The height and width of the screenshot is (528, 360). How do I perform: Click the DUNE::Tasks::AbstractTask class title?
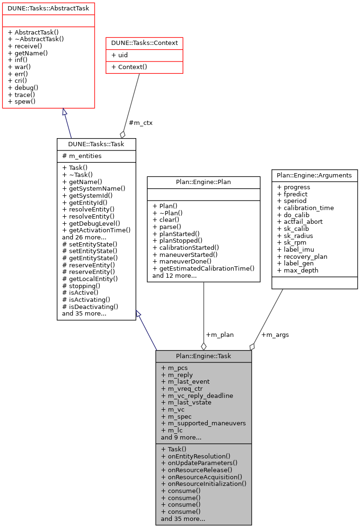[x=48, y=9]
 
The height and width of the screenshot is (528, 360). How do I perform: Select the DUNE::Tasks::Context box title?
[x=144, y=43]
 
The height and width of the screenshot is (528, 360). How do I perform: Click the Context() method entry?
[x=129, y=67]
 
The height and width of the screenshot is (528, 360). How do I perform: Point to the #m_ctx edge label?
[x=140, y=123]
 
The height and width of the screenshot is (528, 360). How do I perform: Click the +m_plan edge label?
[x=220, y=334]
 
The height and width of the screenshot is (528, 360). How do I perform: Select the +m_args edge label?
[x=275, y=334]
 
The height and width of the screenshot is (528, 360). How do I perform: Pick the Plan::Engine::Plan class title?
[x=203, y=182]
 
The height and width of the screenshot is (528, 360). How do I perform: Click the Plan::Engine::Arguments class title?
[x=314, y=175]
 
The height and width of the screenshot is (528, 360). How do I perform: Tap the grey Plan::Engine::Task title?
[x=203, y=356]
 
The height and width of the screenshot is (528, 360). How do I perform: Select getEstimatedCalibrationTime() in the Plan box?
[x=203, y=268]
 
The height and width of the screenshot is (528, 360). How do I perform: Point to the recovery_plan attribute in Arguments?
[x=302, y=256]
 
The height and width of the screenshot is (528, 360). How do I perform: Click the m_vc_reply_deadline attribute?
[x=197, y=396]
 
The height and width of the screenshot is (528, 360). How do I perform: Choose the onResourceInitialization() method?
[x=203, y=484]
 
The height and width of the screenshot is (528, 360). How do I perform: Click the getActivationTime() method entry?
[x=96, y=230]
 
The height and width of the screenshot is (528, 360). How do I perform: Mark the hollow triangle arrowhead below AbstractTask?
[x=65, y=112]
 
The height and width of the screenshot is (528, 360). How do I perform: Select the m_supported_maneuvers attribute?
[x=203, y=423]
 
